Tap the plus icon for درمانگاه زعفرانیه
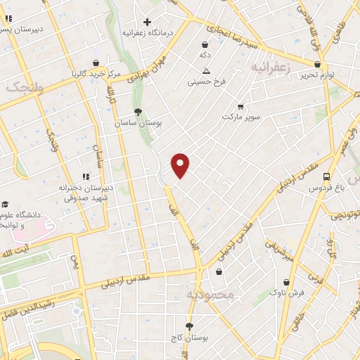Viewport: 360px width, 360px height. click(147, 21)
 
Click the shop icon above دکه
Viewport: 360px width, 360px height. click(205, 44)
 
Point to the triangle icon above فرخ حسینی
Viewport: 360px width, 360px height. click(206, 71)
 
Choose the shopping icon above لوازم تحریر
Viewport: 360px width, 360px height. click(317, 64)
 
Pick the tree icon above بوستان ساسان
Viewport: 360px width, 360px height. click(139, 111)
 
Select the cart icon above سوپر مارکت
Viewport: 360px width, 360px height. click(240, 107)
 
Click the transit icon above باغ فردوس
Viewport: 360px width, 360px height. click(326, 177)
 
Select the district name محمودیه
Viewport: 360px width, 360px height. click(209, 294)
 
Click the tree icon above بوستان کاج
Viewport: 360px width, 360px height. click(188, 326)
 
